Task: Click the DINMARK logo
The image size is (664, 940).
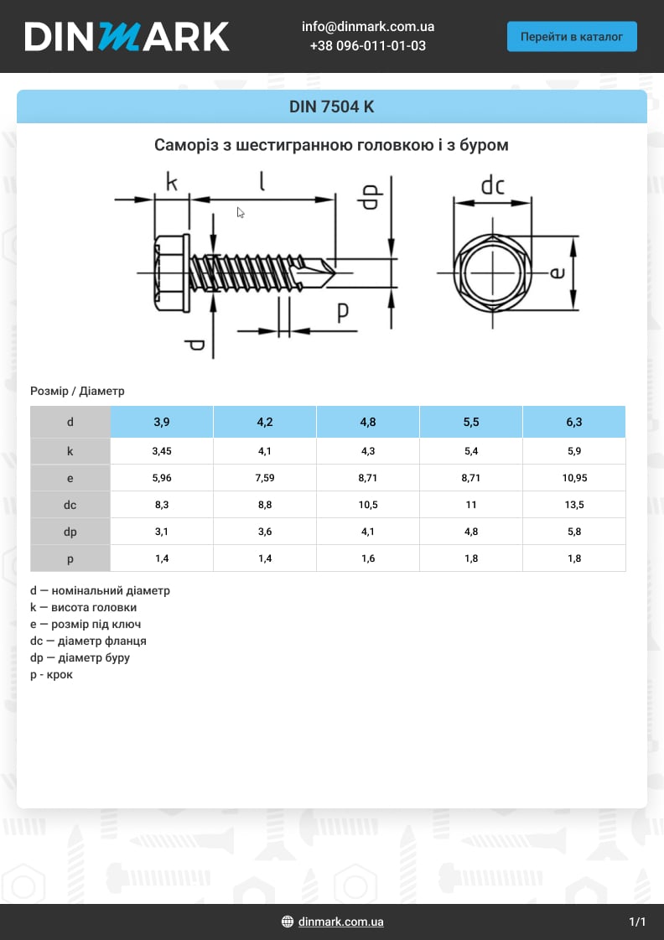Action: click(127, 36)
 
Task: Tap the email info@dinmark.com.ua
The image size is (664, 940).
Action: click(367, 27)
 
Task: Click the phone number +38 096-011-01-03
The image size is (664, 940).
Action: click(367, 46)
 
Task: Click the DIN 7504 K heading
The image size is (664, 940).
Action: click(331, 106)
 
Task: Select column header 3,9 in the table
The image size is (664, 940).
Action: click(162, 422)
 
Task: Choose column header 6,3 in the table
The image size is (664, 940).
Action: click(573, 422)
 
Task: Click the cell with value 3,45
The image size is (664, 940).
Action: click(162, 451)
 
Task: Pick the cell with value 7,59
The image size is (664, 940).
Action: click(265, 478)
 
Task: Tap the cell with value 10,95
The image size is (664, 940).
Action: click(573, 478)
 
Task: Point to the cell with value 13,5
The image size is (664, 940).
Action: click(573, 505)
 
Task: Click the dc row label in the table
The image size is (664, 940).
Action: click(70, 505)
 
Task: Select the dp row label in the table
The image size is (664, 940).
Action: click(70, 532)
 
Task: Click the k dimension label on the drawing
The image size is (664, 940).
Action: click(171, 182)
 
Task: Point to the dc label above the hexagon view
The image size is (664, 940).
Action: click(492, 185)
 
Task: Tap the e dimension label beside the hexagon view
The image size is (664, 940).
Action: click(558, 273)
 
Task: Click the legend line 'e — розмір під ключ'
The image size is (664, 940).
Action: click(86, 624)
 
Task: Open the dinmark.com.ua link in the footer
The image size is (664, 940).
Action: click(340, 922)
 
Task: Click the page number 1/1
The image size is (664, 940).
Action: click(637, 922)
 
